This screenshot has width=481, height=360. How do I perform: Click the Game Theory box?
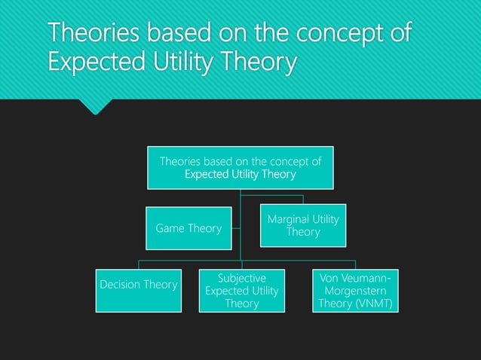tap(188, 227)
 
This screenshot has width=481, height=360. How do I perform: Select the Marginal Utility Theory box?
tap(303, 225)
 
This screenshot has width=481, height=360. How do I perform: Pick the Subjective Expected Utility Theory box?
tap(242, 291)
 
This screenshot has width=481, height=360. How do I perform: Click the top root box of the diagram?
tap(240, 167)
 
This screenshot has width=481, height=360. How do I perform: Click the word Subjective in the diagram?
tap(242, 278)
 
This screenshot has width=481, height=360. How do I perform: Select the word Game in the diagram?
tap(170, 227)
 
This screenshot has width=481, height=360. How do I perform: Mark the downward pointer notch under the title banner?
tap(96, 107)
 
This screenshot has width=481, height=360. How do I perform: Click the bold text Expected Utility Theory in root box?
tap(240, 175)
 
